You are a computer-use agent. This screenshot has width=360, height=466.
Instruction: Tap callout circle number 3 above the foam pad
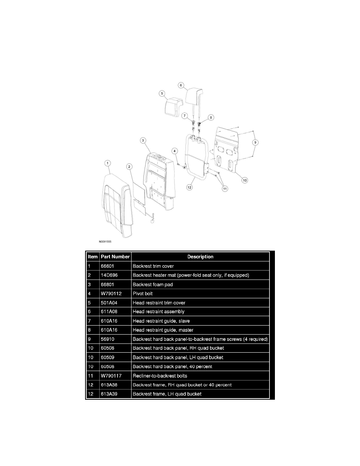pyautogui.click(x=144, y=140)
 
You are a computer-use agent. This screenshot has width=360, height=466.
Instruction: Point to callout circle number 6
pyautogui.click(x=181, y=84)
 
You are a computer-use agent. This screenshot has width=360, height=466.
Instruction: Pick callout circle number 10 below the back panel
pyautogui.click(x=244, y=180)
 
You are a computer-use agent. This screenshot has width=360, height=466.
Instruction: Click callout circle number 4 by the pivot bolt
pyautogui.click(x=175, y=150)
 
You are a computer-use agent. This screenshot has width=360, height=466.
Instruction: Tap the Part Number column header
pyautogui.click(x=115, y=257)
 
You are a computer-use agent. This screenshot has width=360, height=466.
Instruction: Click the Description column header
pyautogui.click(x=200, y=257)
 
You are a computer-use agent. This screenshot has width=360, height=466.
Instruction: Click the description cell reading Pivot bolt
pyautogui.click(x=144, y=293)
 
